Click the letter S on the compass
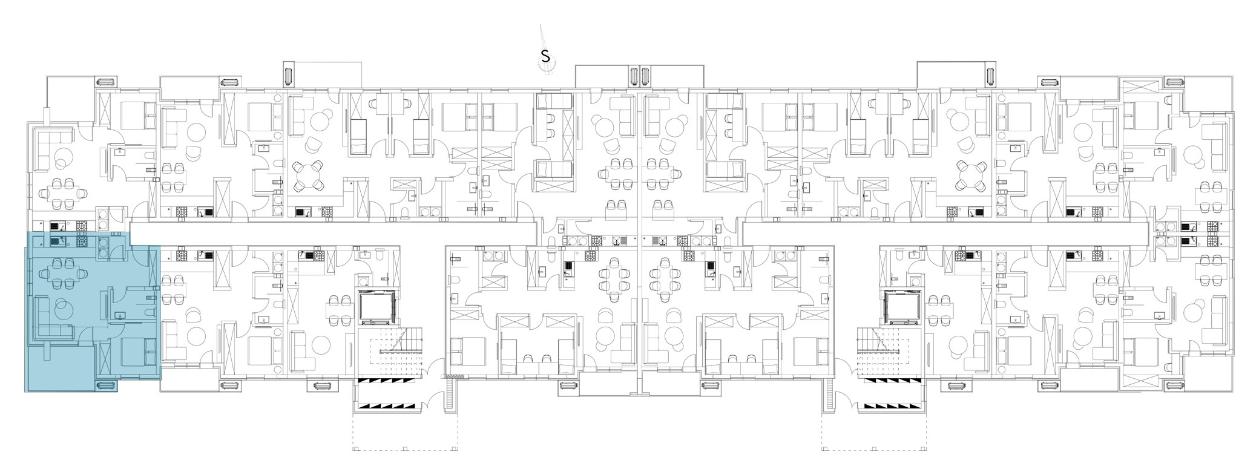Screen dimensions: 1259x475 tap(545, 57)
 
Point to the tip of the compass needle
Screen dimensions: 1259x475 tap(541, 25)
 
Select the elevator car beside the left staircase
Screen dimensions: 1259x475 tap(377, 307)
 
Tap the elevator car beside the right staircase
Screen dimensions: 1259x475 tap(901, 307)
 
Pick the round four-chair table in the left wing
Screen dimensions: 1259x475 tap(307, 175)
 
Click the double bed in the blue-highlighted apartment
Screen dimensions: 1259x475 tap(138, 353)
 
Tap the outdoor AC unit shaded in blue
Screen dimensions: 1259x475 tap(106, 385)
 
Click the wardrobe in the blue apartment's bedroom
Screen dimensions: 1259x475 tap(104, 358)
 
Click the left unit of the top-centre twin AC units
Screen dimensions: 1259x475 tap(634, 76)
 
